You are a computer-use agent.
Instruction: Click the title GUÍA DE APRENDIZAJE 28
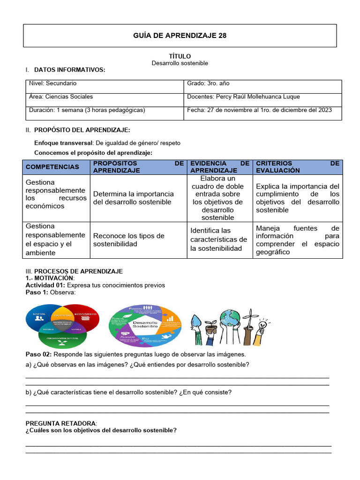[x=180, y=36]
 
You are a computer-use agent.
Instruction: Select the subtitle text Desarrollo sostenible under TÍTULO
[x=180, y=63]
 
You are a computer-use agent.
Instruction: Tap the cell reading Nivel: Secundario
[x=53, y=83]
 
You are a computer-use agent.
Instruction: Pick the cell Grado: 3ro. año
[x=208, y=83]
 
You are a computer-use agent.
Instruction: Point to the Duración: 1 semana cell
[x=87, y=110]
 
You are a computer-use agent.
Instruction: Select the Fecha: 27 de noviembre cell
[x=259, y=110]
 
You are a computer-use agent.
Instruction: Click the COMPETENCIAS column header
[x=52, y=167]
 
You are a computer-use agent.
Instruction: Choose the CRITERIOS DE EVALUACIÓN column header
[x=297, y=167]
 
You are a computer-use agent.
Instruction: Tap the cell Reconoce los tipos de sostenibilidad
[x=129, y=240]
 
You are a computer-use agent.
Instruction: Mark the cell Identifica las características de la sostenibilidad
[x=218, y=240]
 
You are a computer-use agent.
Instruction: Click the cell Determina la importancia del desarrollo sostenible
[x=134, y=198]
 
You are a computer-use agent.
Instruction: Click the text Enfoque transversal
[x=63, y=143]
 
